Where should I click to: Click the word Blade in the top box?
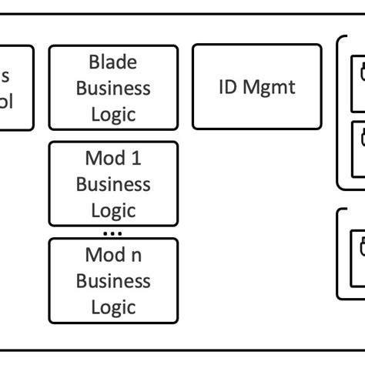113,62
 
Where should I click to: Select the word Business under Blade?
113,88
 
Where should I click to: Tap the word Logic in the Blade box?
113,114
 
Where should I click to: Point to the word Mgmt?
269,86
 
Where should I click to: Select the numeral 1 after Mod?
136,159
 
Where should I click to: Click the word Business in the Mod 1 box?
113,184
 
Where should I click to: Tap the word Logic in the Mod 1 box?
113,210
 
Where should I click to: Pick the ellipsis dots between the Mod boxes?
112,232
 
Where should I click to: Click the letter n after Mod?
136,255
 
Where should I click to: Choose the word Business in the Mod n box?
113,280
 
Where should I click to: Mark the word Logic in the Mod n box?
113,306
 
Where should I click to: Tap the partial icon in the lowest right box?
361,248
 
